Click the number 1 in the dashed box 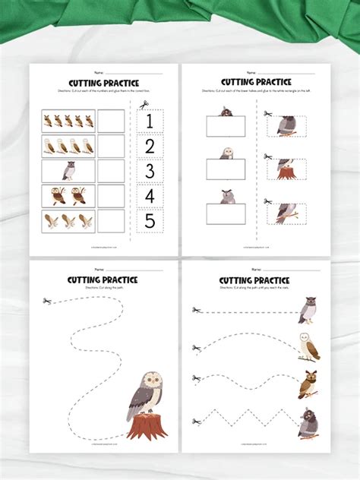pyautogui.click(x=150, y=121)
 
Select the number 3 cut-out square pyautogui.click(x=150, y=171)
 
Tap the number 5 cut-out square pyautogui.click(x=150, y=221)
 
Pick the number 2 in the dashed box pyautogui.click(x=150, y=146)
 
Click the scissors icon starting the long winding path pyautogui.click(x=47, y=302)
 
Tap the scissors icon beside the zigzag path pyautogui.click(x=197, y=421)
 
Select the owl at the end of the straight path pyautogui.click(x=307, y=310)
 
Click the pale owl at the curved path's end pyautogui.click(x=310, y=346)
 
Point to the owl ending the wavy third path pyautogui.click(x=308, y=384)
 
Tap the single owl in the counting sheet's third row pyautogui.click(x=68, y=171)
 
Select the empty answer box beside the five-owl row pyautogui.click(x=111, y=121)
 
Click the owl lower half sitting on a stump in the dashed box pyautogui.click(x=286, y=169)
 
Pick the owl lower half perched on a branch pyautogui.click(x=286, y=213)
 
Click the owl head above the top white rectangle pyautogui.click(x=226, y=112)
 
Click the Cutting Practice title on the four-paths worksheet pyautogui.click(x=254, y=280)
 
